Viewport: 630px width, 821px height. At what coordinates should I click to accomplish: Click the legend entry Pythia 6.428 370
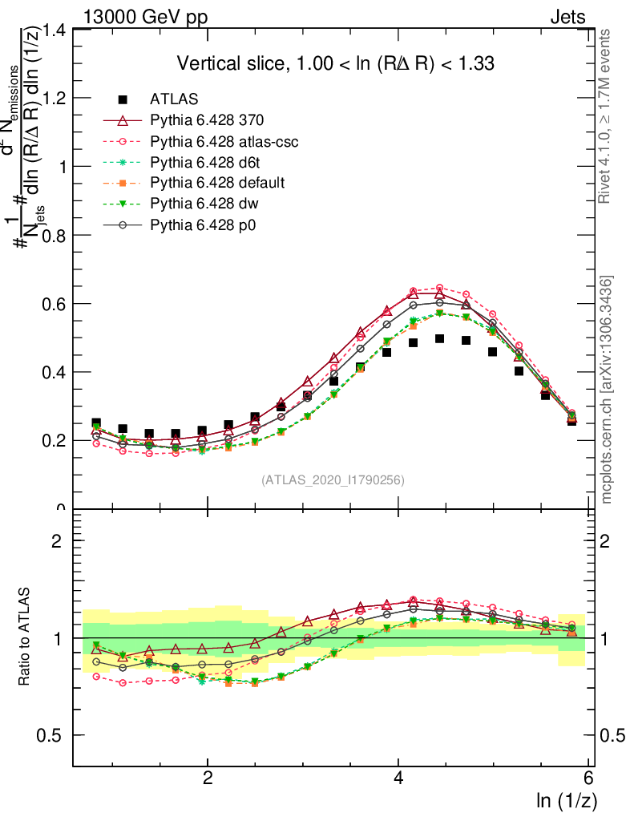[x=207, y=120]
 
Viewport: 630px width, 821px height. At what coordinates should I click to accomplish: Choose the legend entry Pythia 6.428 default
[x=217, y=183]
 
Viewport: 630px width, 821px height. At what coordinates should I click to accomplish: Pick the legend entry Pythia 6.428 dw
[x=205, y=204]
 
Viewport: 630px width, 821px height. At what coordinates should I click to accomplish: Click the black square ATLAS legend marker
[x=123, y=99]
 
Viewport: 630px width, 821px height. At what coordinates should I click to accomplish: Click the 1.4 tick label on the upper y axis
[x=53, y=30]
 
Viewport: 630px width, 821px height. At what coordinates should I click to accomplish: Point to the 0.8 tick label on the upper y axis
[x=53, y=236]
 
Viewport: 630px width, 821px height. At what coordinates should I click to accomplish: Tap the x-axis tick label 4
[x=399, y=779]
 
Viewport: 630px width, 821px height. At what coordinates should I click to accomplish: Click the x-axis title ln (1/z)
[x=566, y=800]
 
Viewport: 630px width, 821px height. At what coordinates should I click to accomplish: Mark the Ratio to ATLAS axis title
[x=26, y=637]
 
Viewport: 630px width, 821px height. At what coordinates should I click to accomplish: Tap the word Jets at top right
[x=567, y=16]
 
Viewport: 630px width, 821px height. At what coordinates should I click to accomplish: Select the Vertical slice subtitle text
[x=335, y=63]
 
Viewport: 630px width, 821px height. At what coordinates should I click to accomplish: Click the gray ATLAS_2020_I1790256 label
[x=332, y=480]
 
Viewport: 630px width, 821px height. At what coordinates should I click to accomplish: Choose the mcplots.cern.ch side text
[x=607, y=390]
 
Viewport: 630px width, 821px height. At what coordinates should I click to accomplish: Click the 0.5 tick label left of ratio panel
[x=53, y=736]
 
